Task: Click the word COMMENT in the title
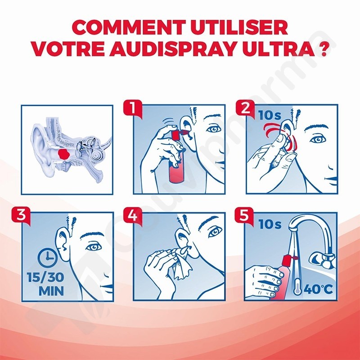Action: (x=130, y=27)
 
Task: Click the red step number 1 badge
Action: (x=133, y=108)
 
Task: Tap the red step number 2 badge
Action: (x=245, y=108)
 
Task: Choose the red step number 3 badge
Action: (x=21, y=216)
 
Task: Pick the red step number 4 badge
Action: (x=133, y=216)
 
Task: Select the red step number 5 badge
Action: (x=244, y=216)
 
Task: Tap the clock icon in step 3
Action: (x=48, y=258)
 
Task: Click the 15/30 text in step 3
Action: (x=45, y=277)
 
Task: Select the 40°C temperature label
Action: (x=318, y=289)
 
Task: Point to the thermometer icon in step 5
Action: (x=297, y=286)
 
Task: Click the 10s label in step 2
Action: (x=270, y=115)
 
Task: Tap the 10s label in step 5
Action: (x=270, y=224)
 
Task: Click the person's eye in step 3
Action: (x=94, y=247)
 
